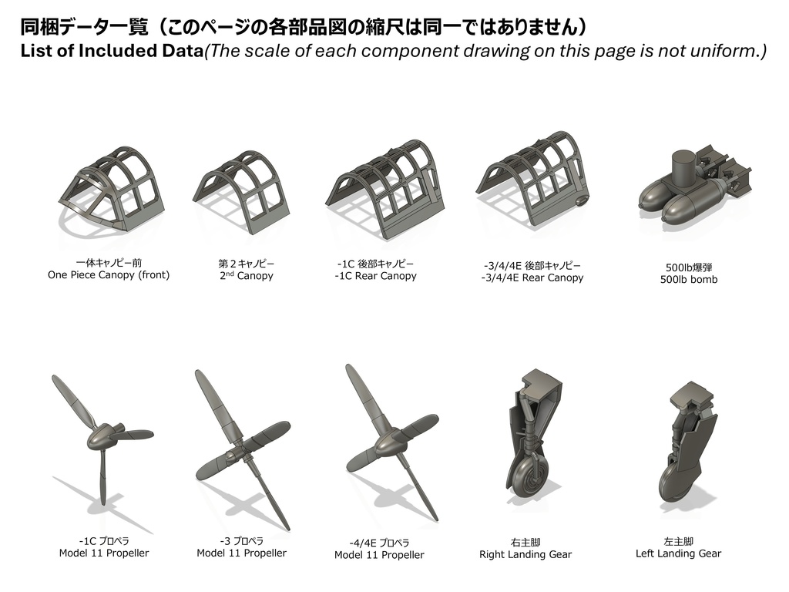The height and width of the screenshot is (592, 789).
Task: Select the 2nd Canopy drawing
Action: pyautogui.click(x=241, y=189)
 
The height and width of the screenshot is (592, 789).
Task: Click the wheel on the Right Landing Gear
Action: pyautogui.click(x=529, y=478)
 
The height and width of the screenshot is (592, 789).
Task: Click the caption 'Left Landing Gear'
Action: pyautogui.click(x=678, y=553)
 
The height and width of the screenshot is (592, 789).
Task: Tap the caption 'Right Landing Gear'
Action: pyautogui.click(x=525, y=554)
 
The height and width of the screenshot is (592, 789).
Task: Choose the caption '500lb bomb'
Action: pyautogui.click(x=688, y=280)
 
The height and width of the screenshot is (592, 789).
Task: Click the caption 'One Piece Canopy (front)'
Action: pyautogui.click(x=109, y=275)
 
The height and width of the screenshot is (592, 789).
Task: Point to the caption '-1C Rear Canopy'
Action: pyautogui.click(x=375, y=276)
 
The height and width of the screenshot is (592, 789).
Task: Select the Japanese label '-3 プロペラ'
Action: pyautogui.click(x=241, y=541)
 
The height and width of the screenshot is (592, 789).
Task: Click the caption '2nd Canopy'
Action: pyautogui.click(x=246, y=276)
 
